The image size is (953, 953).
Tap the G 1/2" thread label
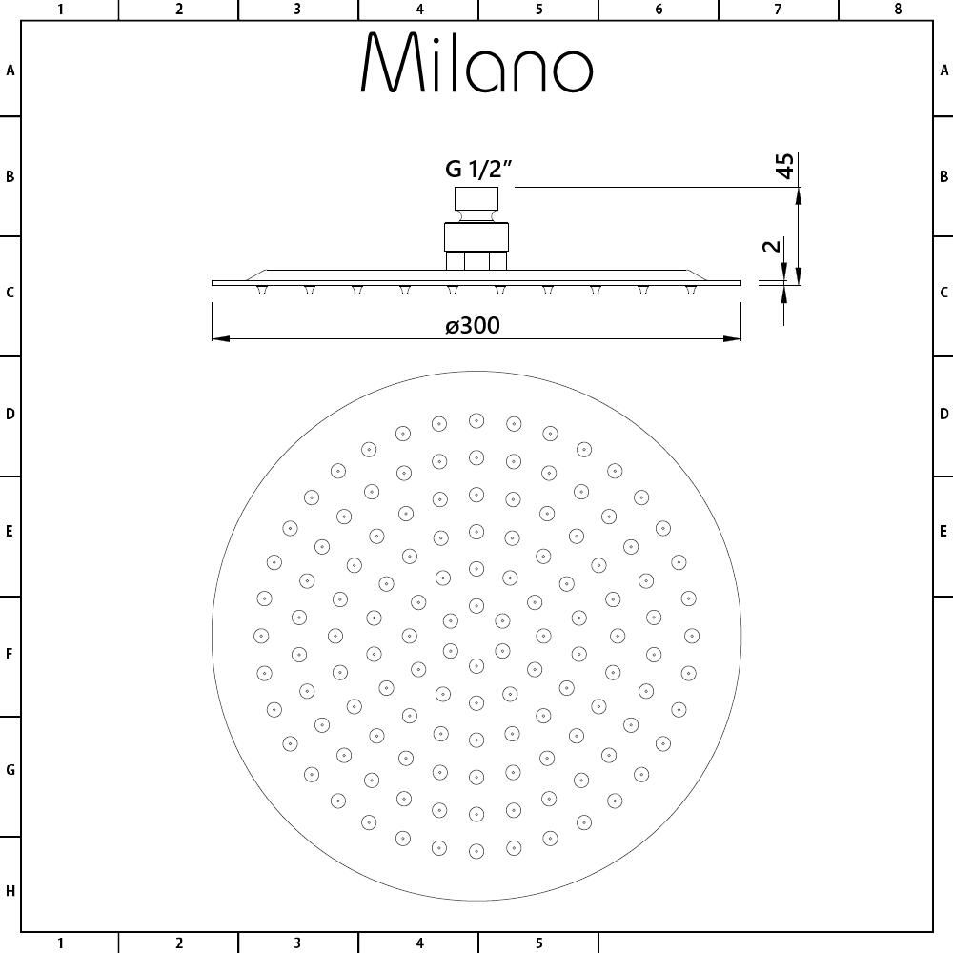tap(479, 170)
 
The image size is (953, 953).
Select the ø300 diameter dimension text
tap(473, 325)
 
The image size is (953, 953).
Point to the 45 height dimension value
tap(784, 166)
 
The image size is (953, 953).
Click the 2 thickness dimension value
tap(773, 246)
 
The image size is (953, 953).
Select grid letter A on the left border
tap(10, 70)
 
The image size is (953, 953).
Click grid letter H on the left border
tap(10, 891)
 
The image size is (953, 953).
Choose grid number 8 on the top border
tap(898, 10)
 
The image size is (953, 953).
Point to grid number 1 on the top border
tap(60, 10)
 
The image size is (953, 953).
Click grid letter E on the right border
tap(943, 531)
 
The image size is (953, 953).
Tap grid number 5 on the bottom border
tap(538, 943)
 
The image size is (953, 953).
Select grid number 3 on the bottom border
tap(297, 943)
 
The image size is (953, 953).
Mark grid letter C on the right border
tap(943, 293)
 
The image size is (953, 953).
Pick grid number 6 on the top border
tap(659, 10)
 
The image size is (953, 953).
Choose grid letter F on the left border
tap(10, 655)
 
